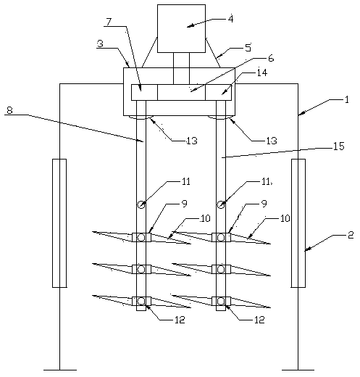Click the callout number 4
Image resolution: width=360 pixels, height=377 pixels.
tap(231, 19)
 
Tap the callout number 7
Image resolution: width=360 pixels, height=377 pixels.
tap(109, 22)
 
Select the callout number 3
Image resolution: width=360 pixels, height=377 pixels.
tap(100, 43)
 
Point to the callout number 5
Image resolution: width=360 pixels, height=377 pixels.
tap(248, 47)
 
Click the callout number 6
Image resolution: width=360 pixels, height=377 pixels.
tap(271, 58)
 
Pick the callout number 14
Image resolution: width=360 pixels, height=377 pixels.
tap(262, 72)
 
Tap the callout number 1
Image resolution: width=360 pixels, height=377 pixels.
tap(347, 99)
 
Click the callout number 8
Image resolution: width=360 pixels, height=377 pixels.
tap(9, 110)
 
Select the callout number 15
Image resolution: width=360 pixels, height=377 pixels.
tap(339, 146)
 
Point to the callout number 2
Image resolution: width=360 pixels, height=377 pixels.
tap(351, 235)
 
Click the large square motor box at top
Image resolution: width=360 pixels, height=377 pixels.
tap(181, 28)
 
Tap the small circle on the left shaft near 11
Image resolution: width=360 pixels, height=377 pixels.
tap(141, 205)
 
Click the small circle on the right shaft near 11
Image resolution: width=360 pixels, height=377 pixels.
tap(220, 205)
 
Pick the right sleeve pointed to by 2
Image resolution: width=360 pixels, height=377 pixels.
tap(298, 223)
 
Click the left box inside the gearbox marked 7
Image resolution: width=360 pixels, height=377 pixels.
tap(144, 92)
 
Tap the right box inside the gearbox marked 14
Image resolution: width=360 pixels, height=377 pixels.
tap(218, 92)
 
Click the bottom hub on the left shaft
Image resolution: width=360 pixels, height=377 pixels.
tap(141, 302)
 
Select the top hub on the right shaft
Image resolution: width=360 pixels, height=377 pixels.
tap(221, 237)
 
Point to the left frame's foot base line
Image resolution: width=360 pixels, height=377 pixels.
tap(60, 370)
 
